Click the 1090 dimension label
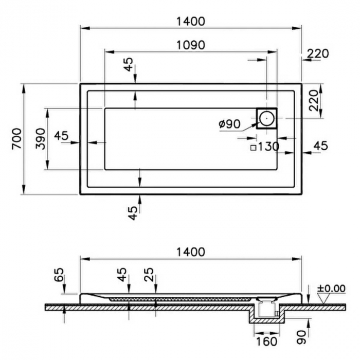point(190,45)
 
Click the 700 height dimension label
point(16,139)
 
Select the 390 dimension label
point(41,139)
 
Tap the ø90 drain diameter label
point(229,124)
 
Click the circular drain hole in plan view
point(267,118)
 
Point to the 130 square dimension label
point(268,147)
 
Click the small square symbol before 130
point(253,148)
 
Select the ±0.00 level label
point(331,289)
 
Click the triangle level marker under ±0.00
point(323,298)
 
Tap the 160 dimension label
point(266,341)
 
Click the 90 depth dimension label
point(301,337)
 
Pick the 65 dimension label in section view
point(59,275)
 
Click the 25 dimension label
point(149,275)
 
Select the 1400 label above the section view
point(190,252)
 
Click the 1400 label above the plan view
point(190,22)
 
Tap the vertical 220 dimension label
point(314,101)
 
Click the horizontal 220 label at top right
point(318,53)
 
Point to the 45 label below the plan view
point(133,213)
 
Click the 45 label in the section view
point(122,275)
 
